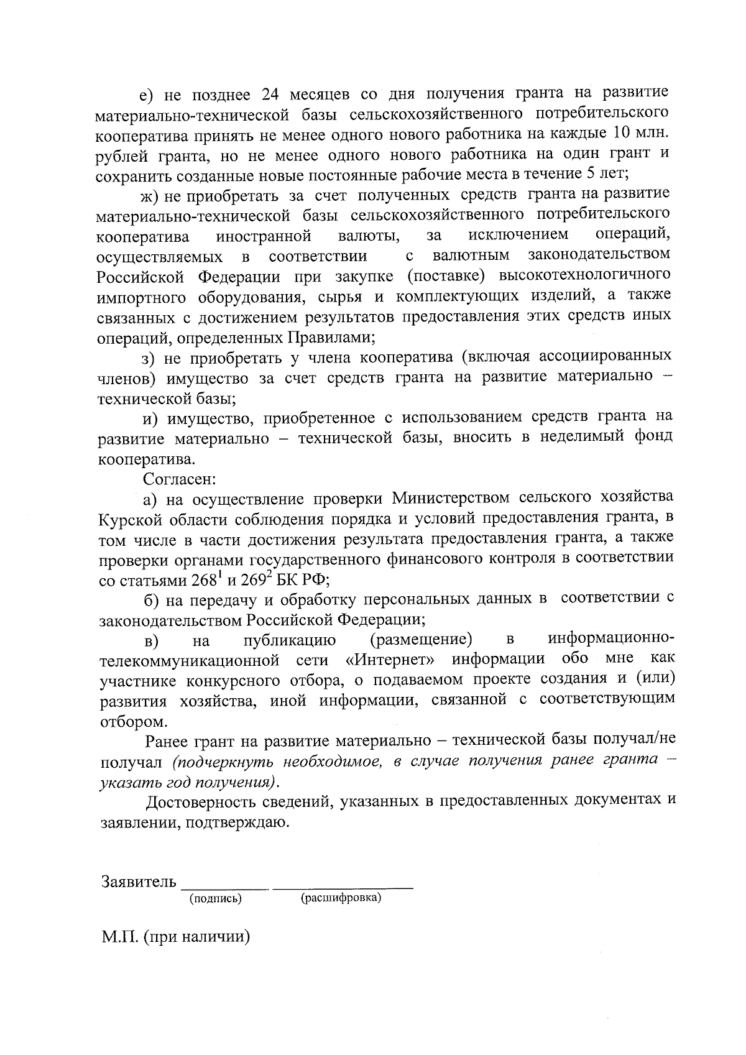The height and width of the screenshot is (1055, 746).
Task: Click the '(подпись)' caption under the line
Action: (x=216, y=898)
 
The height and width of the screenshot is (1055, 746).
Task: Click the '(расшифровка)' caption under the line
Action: (x=341, y=898)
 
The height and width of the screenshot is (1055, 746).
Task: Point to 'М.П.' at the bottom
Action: (x=119, y=936)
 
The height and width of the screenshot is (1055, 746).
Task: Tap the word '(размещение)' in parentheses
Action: (x=421, y=639)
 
